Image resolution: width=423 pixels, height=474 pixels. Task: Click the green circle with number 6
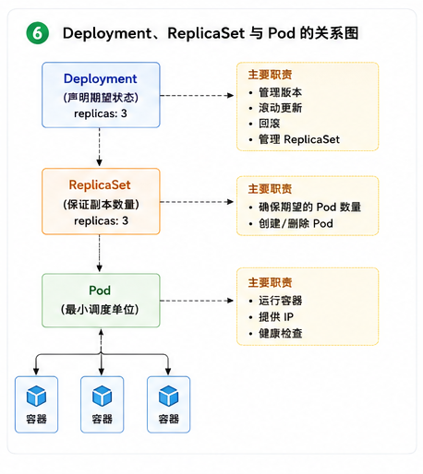pos(38,33)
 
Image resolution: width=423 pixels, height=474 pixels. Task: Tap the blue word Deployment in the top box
pos(100,79)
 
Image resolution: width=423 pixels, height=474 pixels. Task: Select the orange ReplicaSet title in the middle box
pos(100,184)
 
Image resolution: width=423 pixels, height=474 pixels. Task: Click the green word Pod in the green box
pos(100,290)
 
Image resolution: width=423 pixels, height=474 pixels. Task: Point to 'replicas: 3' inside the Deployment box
pos(101,113)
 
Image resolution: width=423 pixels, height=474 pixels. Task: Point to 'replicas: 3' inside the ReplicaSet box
pos(101,220)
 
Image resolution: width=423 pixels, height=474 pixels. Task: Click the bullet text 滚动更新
pos(280,108)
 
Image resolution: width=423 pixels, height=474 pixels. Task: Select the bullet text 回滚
pos(270,124)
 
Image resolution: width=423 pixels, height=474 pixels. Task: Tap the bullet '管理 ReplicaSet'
pos(299,139)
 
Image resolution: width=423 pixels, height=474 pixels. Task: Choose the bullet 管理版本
pos(280,92)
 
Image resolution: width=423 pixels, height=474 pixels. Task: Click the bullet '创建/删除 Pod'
pos(296,223)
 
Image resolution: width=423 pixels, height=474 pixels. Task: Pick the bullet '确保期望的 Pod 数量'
pos(309,207)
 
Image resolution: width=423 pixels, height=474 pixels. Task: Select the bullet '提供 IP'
pos(276,316)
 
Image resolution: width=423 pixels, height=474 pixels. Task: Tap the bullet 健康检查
pos(281,333)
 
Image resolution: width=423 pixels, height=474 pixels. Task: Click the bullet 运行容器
pos(281,301)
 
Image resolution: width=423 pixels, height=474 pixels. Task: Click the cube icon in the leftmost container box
pos(36,396)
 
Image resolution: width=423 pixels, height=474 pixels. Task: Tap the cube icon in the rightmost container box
pos(168,396)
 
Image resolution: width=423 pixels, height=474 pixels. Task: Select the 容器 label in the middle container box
pos(103,419)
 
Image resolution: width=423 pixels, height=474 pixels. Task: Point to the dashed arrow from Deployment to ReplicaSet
pos(99,147)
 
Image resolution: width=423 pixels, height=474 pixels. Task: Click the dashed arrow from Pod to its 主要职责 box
pos(197,301)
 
